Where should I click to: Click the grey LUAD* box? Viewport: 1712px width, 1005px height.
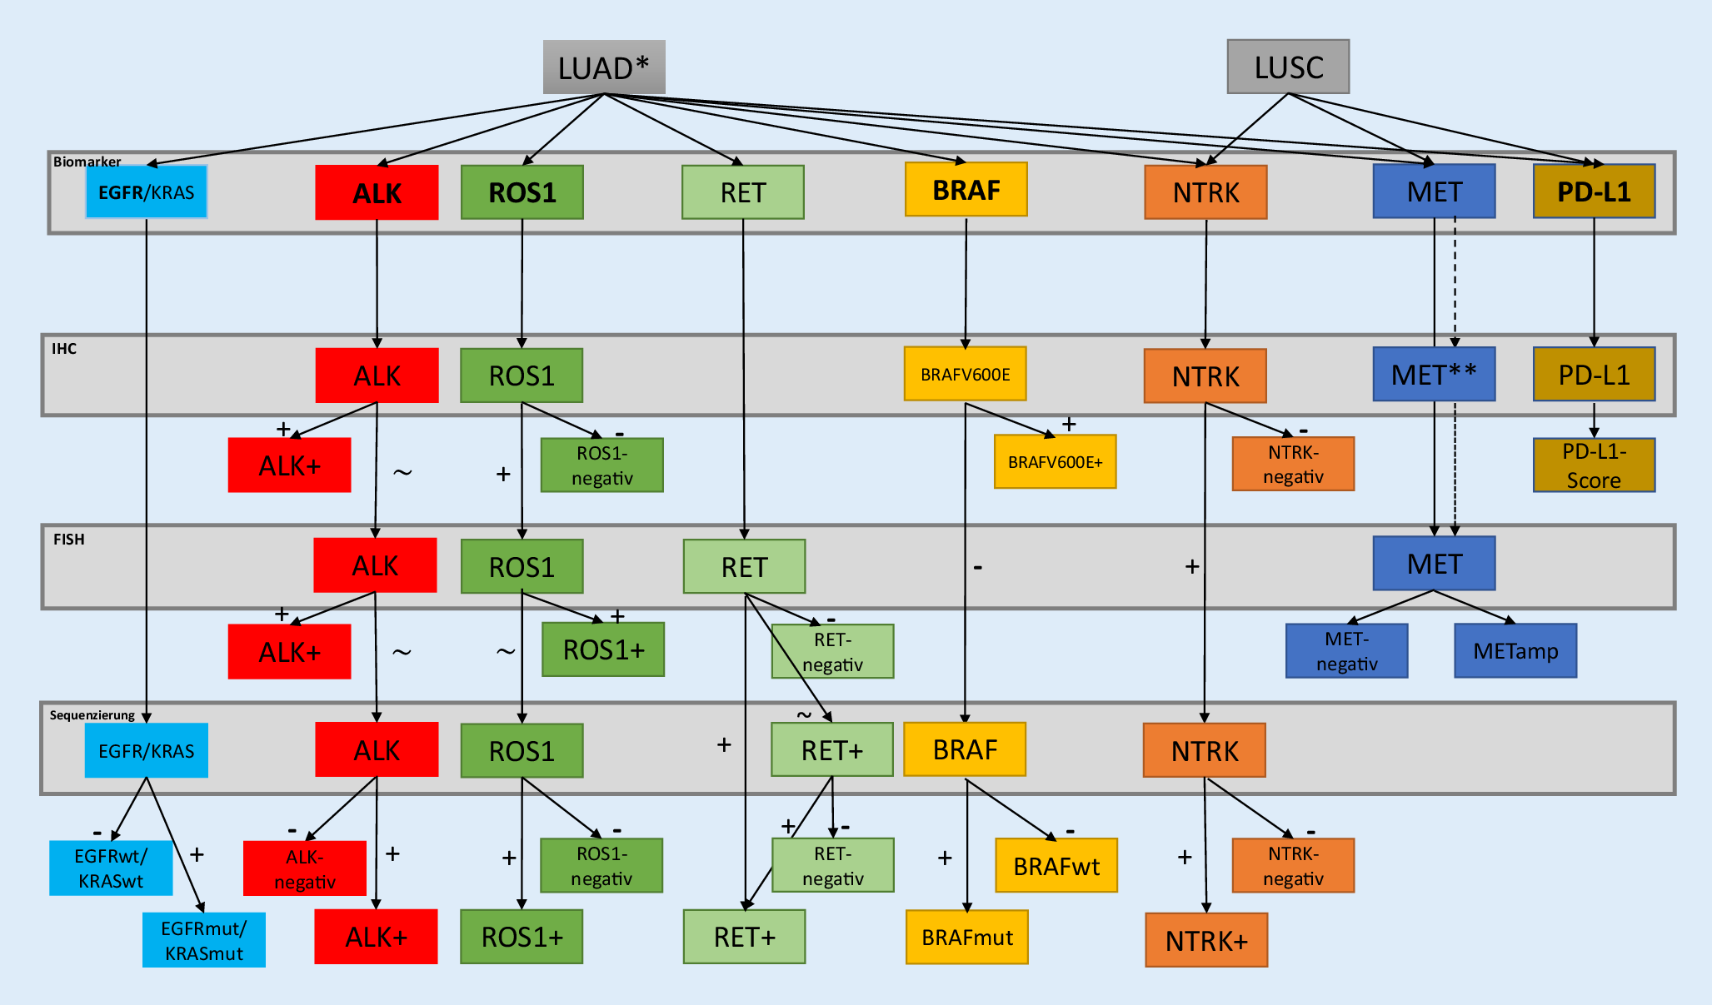604,67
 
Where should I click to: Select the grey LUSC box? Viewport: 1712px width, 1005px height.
1288,67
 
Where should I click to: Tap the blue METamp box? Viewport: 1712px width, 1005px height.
1515,650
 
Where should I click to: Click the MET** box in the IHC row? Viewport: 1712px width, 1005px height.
1434,375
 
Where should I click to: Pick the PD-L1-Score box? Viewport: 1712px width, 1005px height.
1594,465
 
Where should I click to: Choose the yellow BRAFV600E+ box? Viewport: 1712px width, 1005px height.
1055,461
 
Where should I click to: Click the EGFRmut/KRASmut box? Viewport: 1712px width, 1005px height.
204,940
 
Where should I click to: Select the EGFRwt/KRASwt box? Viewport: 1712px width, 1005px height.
111,868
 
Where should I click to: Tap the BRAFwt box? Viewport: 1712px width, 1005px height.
1056,866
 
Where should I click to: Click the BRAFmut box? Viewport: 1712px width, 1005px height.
967,938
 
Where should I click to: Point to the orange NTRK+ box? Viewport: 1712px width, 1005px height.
1206,940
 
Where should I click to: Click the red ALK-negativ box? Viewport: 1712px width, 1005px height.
305,868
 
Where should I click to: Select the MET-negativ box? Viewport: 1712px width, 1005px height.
1346,651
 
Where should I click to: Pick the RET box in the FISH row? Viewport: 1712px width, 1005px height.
744,567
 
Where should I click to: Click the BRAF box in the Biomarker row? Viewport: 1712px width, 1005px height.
966,190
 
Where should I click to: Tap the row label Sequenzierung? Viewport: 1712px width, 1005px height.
92,715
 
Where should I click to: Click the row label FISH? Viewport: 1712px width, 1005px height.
69,540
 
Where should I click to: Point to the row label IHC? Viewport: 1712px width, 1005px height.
64,349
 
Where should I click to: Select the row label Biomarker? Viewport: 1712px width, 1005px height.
87,162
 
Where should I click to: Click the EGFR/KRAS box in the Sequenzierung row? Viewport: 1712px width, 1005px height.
147,750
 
